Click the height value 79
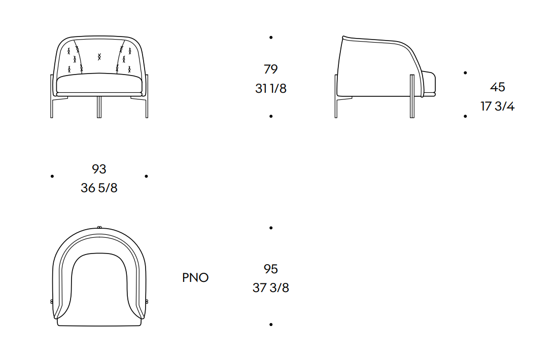(270, 69)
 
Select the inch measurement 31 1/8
(270, 88)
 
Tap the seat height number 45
(497, 87)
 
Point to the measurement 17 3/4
(497, 106)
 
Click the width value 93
(99, 169)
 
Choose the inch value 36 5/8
(99, 188)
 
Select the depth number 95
(270, 269)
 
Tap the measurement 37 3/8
(270, 287)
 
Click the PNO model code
(195, 277)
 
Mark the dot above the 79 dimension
(271, 37)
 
